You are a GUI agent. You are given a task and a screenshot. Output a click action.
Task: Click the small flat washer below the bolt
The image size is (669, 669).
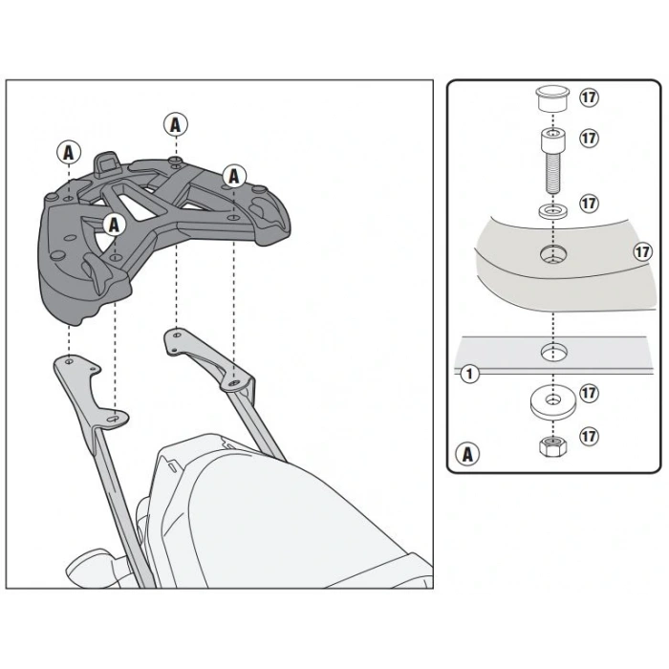pyautogui.click(x=553, y=210)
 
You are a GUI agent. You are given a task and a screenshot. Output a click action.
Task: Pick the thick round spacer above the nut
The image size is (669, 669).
pyautogui.click(x=553, y=403)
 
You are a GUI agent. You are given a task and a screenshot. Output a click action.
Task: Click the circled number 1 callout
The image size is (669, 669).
pyautogui.click(x=470, y=375)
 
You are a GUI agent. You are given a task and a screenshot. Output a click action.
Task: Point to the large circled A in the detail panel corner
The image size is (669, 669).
pyautogui.click(x=467, y=454)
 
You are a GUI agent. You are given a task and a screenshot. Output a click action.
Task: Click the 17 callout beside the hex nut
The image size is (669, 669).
pyautogui.click(x=590, y=437)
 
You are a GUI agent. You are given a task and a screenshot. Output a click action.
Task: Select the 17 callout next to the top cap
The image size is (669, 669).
pyautogui.click(x=590, y=97)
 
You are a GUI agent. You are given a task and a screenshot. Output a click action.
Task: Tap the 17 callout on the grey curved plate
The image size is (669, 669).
pyautogui.click(x=643, y=251)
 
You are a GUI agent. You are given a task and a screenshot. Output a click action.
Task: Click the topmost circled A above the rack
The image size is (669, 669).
pyautogui.click(x=175, y=125)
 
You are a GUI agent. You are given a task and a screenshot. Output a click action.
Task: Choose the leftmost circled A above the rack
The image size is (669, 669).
pyautogui.click(x=69, y=153)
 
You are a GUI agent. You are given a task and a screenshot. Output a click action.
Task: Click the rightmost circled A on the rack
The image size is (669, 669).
pyautogui.click(x=234, y=176)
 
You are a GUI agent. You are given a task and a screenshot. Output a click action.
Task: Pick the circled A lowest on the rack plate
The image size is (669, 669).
pyautogui.click(x=114, y=225)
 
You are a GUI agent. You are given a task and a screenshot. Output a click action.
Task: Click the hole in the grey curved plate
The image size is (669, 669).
pyautogui.click(x=553, y=255)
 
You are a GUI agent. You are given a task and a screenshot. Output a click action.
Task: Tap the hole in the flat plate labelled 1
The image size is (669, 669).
pyautogui.click(x=553, y=353)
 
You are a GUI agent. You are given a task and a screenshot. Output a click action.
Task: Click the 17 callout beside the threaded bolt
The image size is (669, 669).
pyautogui.click(x=590, y=138)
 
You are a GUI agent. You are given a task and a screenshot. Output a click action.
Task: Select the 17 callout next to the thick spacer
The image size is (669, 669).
pyautogui.click(x=590, y=393)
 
